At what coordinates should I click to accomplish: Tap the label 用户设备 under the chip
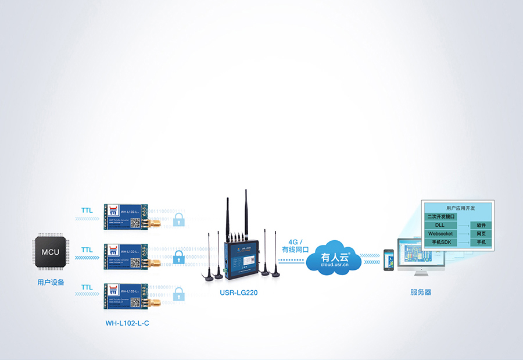click(x=51, y=283)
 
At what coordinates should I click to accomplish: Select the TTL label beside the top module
click(x=87, y=210)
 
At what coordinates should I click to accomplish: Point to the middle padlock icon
click(x=179, y=256)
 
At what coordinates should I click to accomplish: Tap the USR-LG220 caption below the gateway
click(x=238, y=293)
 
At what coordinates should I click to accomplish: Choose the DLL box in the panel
click(x=440, y=225)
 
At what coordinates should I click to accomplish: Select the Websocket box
click(x=440, y=233)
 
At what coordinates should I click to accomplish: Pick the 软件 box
click(x=481, y=225)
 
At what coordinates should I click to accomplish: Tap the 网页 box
click(x=481, y=233)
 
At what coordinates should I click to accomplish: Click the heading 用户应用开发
click(x=460, y=208)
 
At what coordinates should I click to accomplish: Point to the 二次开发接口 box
click(x=440, y=216)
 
